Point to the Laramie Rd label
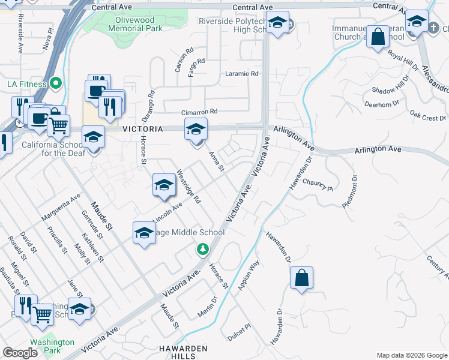point(241,74)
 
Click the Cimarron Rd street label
point(199,112)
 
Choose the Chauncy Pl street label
point(318,184)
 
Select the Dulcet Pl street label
point(238,334)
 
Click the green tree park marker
point(203,248)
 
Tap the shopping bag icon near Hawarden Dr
point(301,278)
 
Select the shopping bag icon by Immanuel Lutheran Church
point(379,37)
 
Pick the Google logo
point(20,353)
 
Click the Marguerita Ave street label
point(61,206)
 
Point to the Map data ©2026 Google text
point(412,355)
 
